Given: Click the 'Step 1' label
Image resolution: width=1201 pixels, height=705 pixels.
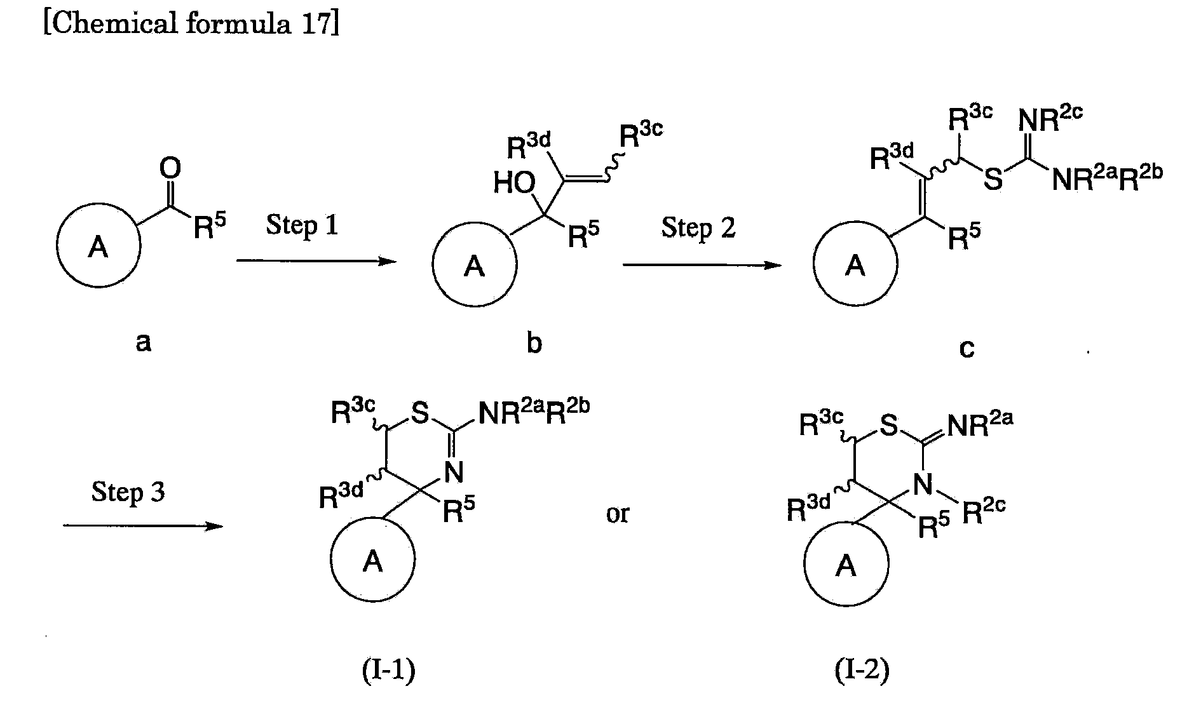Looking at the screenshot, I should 302,225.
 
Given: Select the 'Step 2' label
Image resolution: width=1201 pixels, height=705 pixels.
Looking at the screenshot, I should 698,227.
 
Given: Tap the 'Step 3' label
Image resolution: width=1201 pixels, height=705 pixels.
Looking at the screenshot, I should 128,492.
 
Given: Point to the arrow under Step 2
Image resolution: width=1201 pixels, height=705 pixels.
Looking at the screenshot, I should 702,264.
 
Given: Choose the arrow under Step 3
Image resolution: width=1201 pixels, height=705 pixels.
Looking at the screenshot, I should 143,526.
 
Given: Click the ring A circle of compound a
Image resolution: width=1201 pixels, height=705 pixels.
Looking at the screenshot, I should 98,246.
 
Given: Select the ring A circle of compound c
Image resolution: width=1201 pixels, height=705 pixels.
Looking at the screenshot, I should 856,265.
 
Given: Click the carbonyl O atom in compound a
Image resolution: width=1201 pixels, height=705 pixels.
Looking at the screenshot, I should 170,168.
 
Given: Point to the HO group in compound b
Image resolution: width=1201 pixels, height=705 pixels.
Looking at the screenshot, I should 515,184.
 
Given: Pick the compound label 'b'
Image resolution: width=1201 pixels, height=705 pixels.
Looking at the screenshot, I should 534,343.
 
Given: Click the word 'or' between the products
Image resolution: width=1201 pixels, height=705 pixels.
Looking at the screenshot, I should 617,513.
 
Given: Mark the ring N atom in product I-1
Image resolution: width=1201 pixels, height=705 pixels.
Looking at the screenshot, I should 454,473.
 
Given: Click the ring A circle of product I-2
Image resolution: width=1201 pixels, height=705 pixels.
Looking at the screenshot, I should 846,564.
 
